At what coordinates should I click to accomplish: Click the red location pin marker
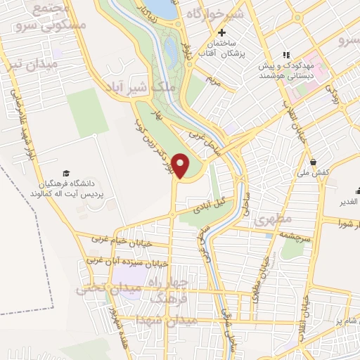[181, 166]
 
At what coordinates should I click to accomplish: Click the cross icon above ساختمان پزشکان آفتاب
[222, 32]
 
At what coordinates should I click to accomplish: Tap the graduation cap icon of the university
[66, 173]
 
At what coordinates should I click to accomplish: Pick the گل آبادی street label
[211, 203]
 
